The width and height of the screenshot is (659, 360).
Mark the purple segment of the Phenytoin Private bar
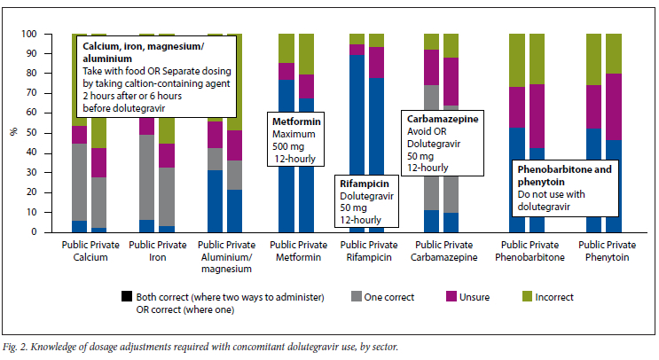(x=614, y=106)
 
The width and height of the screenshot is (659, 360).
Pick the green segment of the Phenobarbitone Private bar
(x=537, y=59)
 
